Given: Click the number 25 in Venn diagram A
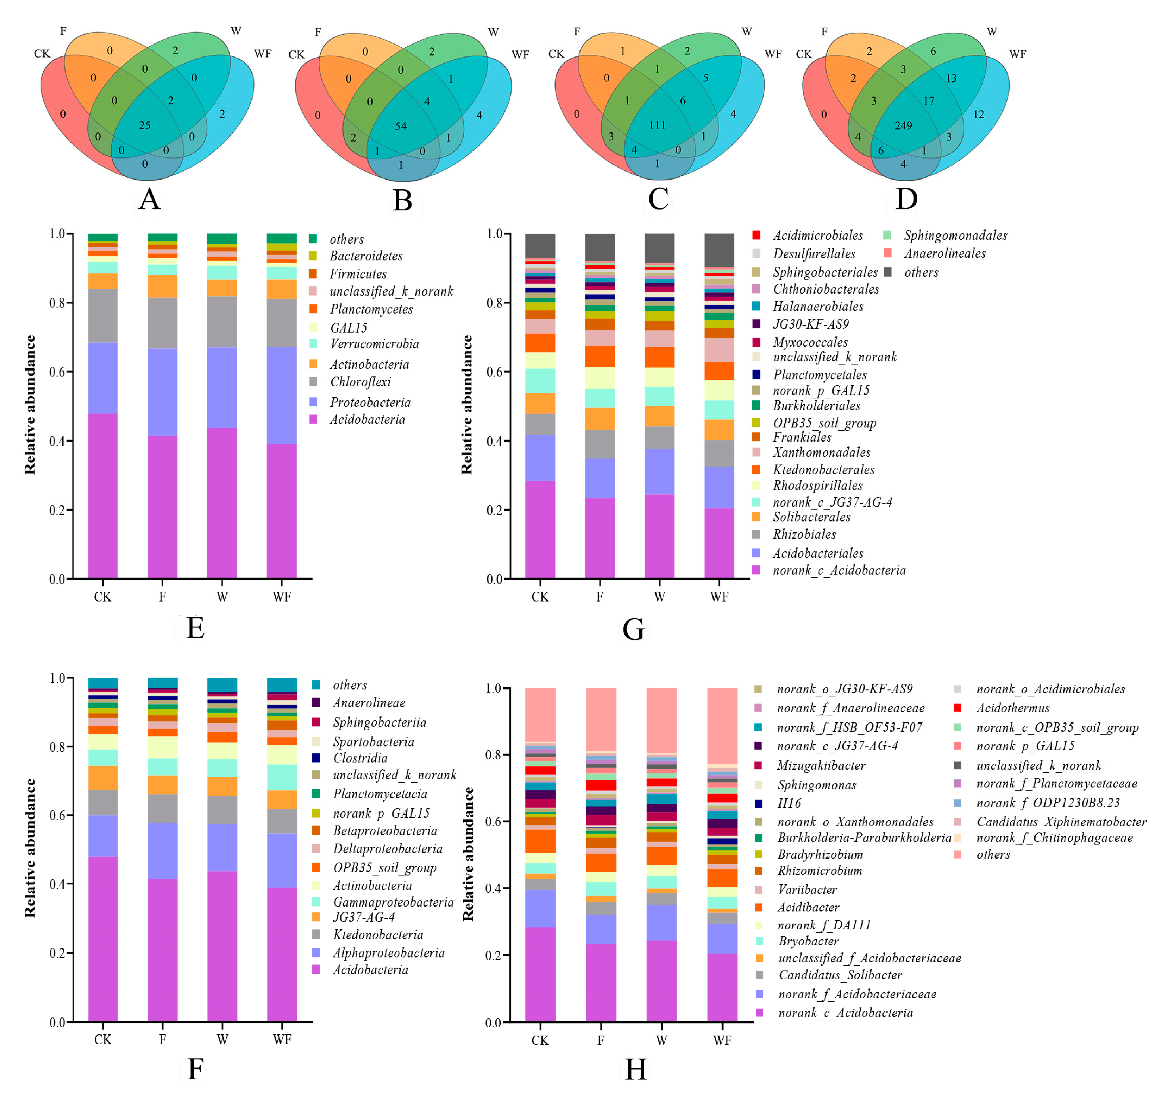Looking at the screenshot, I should pyautogui.click(x=144, y=125).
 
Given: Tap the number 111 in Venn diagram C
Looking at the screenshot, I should pyautogui.click(x=657, y=125).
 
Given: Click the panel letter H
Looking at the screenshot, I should pyautogui.click(x=636, y=1069).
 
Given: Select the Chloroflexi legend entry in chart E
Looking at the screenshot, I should pyautogui.click(x=360, y=382).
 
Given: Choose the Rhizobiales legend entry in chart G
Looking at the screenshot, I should pyautogui.click(x=804, y=534).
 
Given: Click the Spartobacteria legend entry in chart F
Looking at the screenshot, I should pyautogui.click(x=373, y=742).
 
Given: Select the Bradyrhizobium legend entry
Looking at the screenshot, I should pyautogui.click(x=820, y=855).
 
